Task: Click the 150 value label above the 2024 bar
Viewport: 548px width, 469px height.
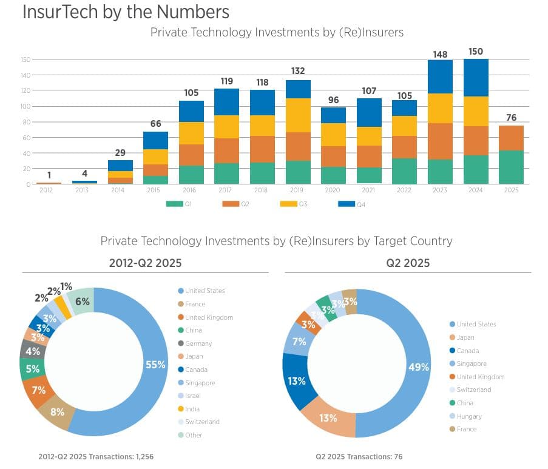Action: pyautogui.click(x=476, y=52)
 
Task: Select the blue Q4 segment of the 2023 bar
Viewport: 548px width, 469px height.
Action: pyautogui.click(x=440, y=76)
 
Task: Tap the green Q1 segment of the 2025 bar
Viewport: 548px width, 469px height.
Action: pyautogui.click(x=511, y=167)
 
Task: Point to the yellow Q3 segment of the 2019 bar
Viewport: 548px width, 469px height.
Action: pyautogui.click(x=298, y=115)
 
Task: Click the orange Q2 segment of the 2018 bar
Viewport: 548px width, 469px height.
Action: pyautogui.click(x=262, y=149)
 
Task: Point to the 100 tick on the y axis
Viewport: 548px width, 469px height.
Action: pyautogui.click(x=25, y=106)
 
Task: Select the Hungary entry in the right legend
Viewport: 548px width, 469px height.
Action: pyautogui.click(x=469, y=416)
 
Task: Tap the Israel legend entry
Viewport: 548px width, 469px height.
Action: pyautogui.click(x=192, y=396)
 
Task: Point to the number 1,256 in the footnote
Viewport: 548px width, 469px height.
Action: pyautogui.click(x=138, y=456)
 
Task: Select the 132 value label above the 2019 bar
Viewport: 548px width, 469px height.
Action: pyautogui.click(x=298, y=72)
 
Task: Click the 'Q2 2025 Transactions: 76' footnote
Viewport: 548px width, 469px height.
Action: pyautogui.click(x=359, y=456)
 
